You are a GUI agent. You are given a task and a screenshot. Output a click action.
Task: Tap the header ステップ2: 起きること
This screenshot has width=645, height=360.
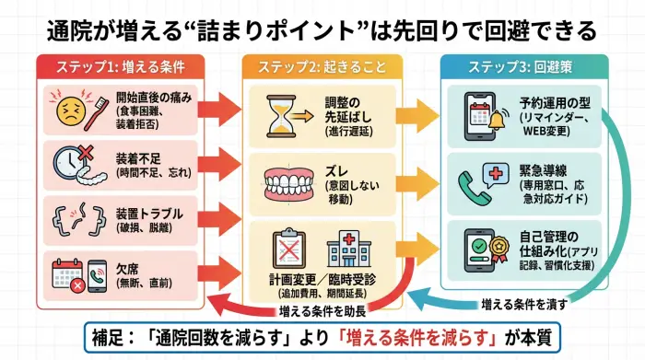(322, 68)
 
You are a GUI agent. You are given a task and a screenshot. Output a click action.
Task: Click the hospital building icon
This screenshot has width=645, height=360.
(346, 246)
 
